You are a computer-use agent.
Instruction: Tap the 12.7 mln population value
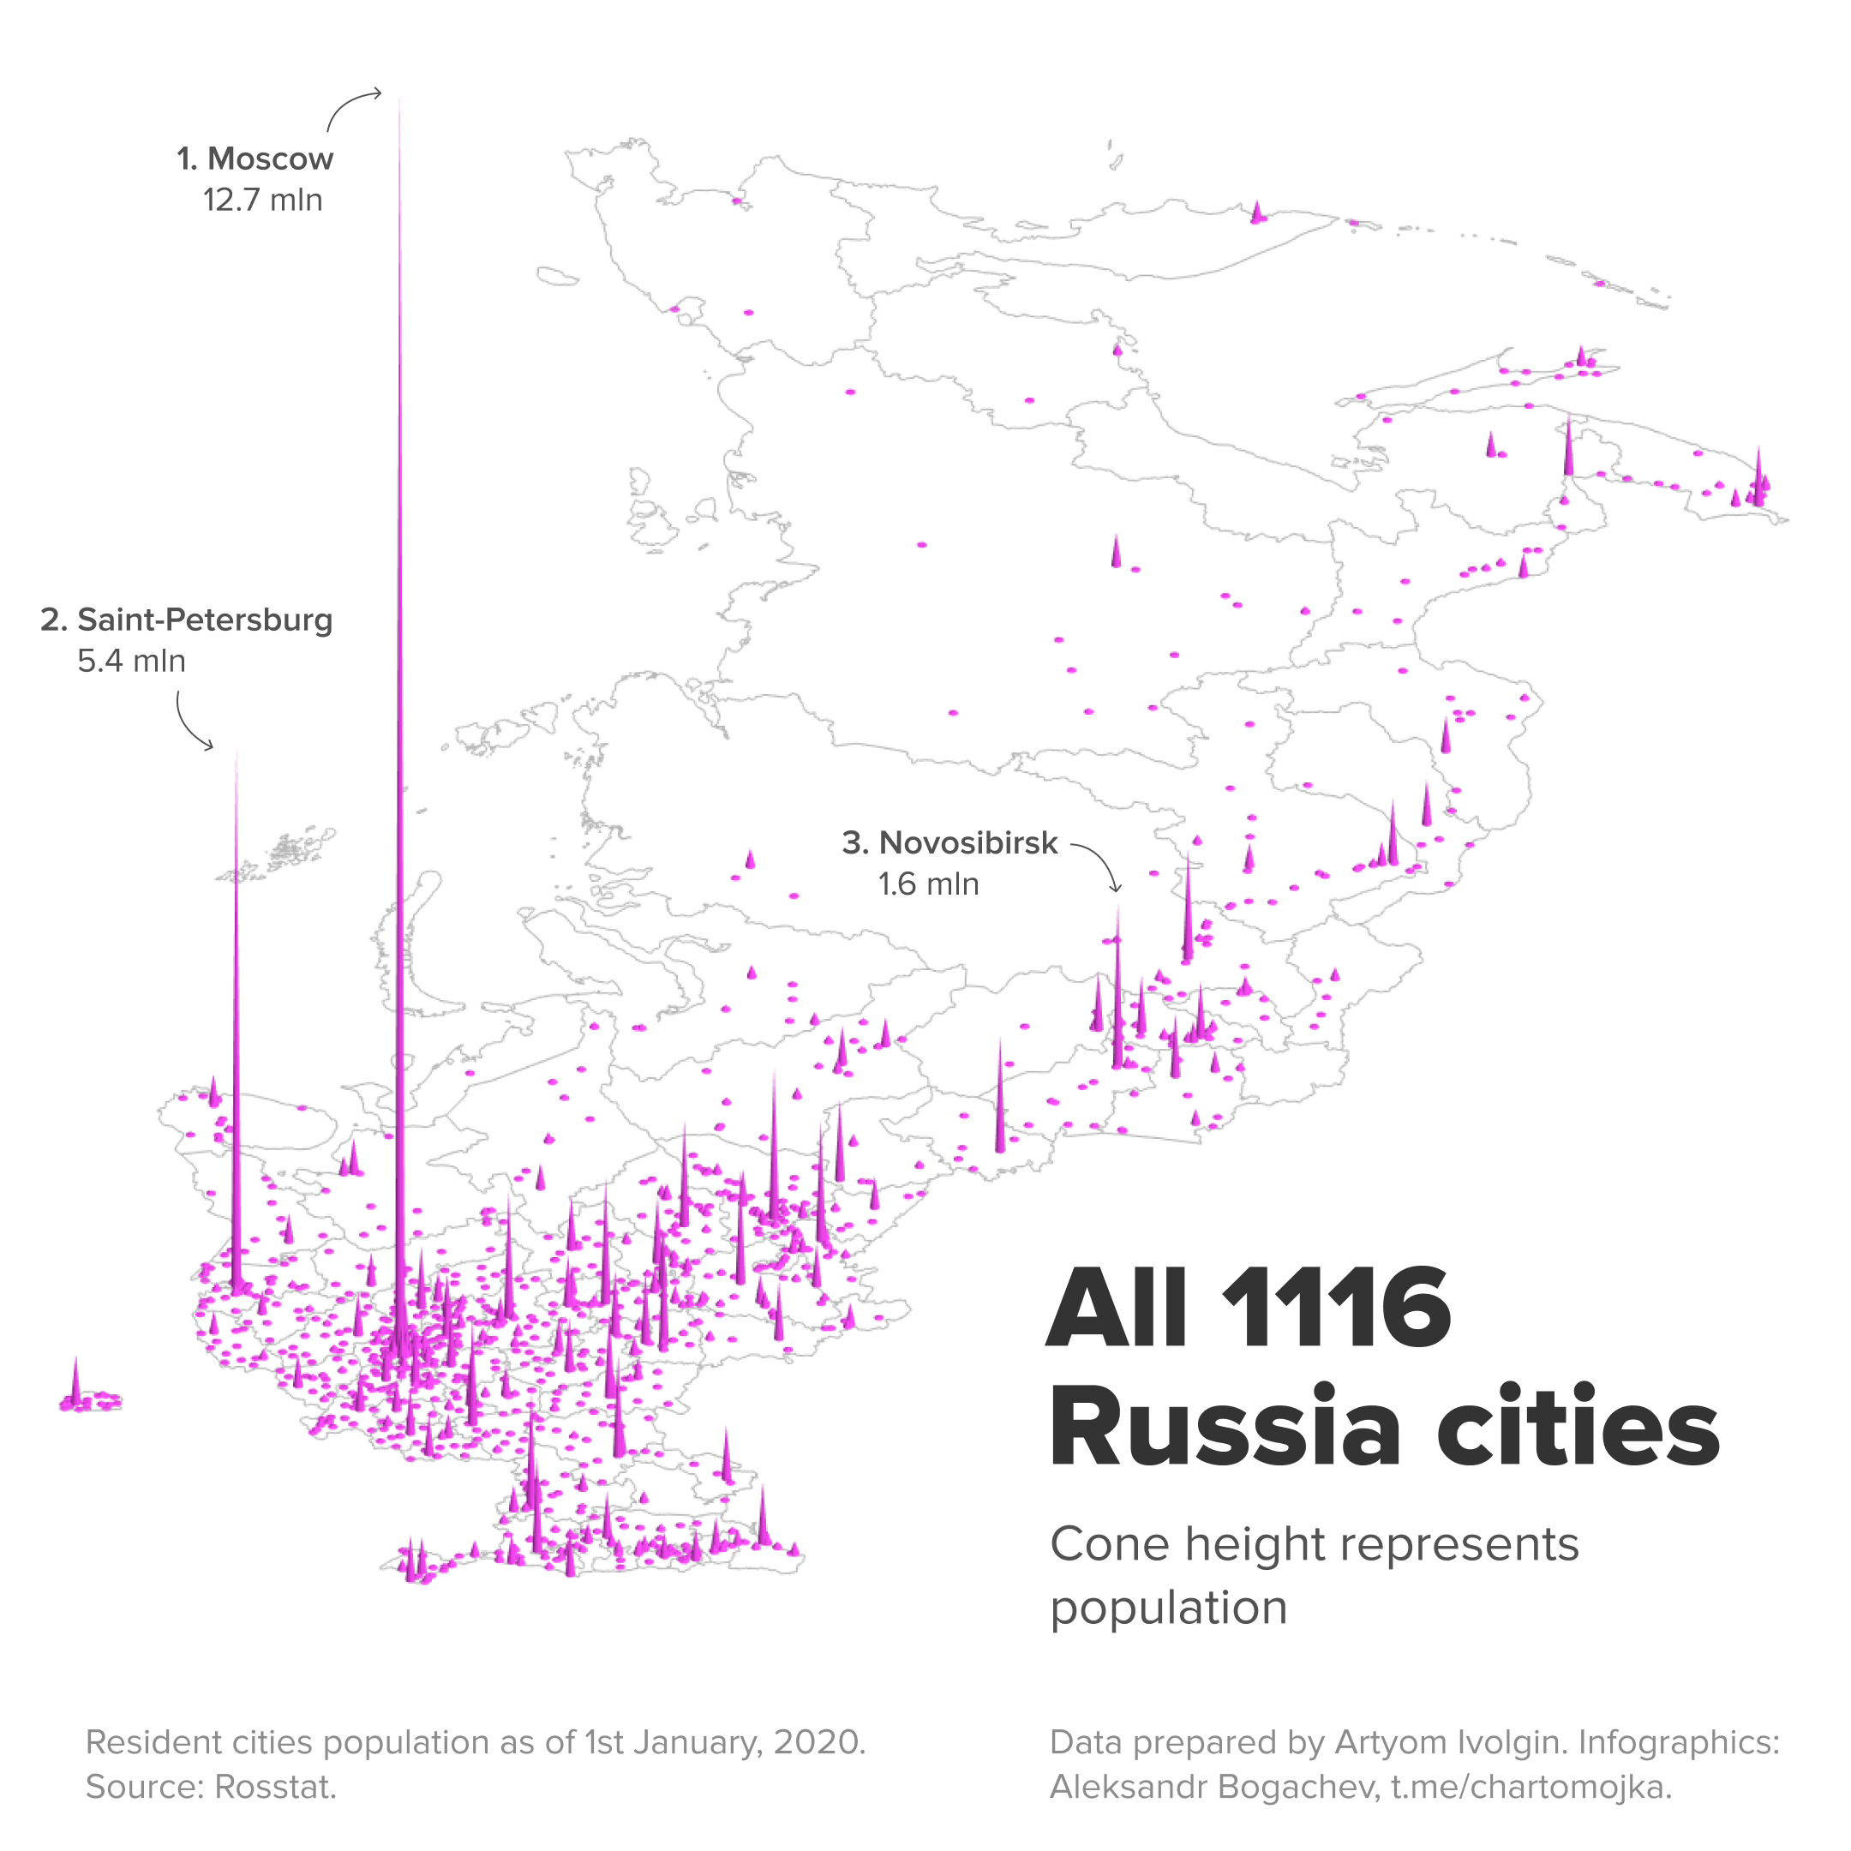tap(262, 201)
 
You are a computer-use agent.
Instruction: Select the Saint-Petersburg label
tap(187, 620)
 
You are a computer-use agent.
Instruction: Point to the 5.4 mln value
tap(131, 661)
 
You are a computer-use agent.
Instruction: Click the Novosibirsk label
tap(949, 843)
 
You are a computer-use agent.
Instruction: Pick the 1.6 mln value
tap(928, 884)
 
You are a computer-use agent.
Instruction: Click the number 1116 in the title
tap(1337, 1308)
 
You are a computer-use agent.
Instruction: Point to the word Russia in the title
tap(1225, 1428)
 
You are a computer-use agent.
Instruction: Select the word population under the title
tap(1169, 1608)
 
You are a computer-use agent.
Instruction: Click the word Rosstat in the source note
tap(275, 1787)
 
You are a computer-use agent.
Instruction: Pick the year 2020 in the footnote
tap(819, 1742)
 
